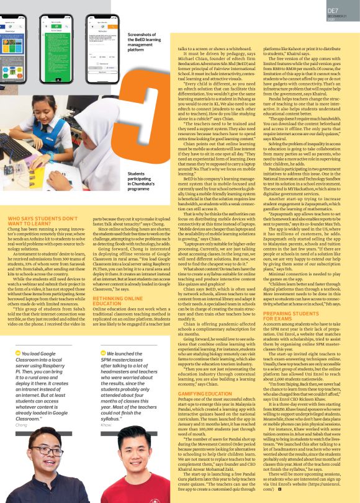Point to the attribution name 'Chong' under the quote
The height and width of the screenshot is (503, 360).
click(x=22, y=425)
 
